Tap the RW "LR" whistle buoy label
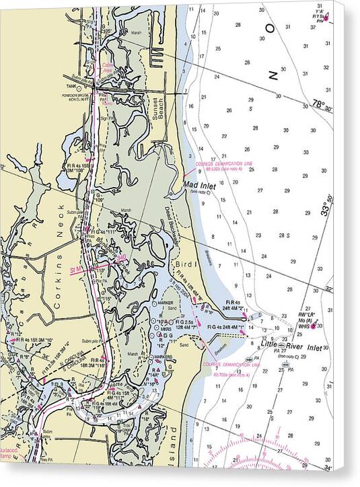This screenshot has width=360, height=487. [x=312, y=315]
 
